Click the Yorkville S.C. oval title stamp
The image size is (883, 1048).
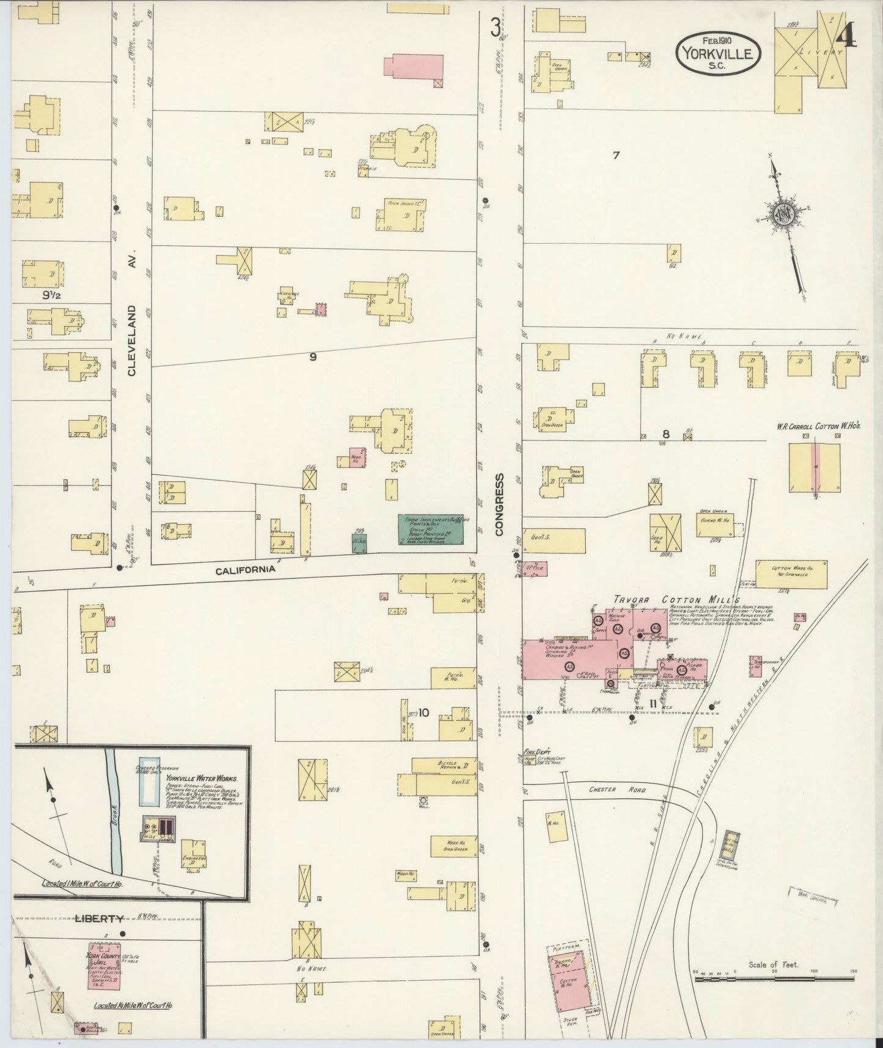click(x=718, y=53)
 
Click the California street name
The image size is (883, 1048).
click(x=245, y=569)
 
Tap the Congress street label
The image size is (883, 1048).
click(x=499, y=505)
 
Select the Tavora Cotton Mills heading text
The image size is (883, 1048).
click(x=676, y=600)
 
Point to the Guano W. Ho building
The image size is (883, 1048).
click(x=714, y=525)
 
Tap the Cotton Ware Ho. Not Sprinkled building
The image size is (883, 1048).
click(x=791, y=574)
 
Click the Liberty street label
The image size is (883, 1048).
click(x=100, y=918)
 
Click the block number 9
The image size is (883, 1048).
click(x=313, y=357)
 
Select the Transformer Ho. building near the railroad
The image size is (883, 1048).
click(x=755, y=667)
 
